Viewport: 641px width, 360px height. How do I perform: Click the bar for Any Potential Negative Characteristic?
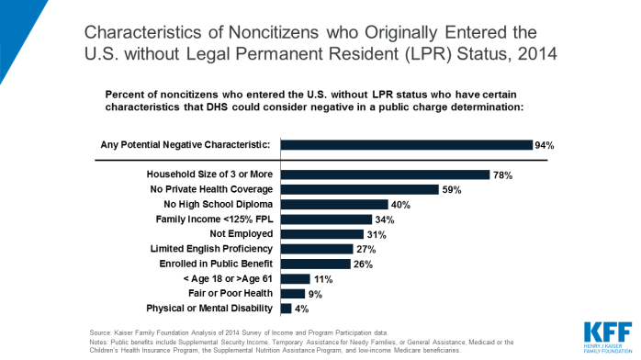[x=406, y=145]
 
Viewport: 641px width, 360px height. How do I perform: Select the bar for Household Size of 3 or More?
[x=385, y=174]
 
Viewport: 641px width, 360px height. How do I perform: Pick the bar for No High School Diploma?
[x=334, y=204]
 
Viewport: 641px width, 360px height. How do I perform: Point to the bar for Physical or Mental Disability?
[x=286, y=308]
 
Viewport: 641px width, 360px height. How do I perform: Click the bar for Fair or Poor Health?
[x=292, y=293]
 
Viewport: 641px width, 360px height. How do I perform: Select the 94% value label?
[x=545, y=145]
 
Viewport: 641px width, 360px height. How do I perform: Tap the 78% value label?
[x=502, y=174]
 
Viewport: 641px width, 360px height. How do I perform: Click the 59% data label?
[x=451, y=189]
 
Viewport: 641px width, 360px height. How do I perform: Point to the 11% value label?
[x=322, y=278]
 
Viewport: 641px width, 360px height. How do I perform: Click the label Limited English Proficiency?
[x=211, y=249]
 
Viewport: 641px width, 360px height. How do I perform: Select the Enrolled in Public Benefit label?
[x=212, y=264]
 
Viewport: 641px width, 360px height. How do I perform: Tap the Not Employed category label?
[x=240, y=234]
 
